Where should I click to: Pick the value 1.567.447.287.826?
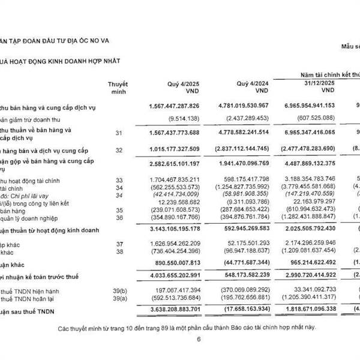click(x=178, y=106)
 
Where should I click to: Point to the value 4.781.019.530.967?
click(x=248, y=106)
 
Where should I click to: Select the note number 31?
click(x=118, y=132)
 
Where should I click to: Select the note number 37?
click(x=118, y=244)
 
